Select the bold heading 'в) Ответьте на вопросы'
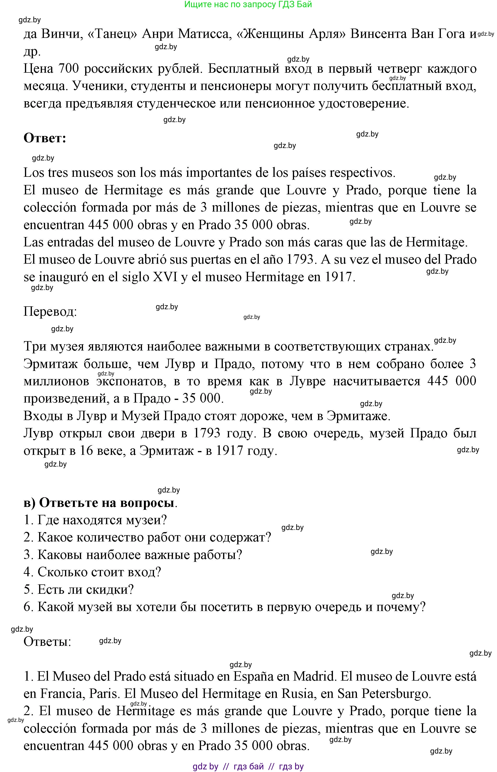click(100, 503)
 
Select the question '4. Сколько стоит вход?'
click(92, 572)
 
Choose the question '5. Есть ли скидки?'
click(79, 589)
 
